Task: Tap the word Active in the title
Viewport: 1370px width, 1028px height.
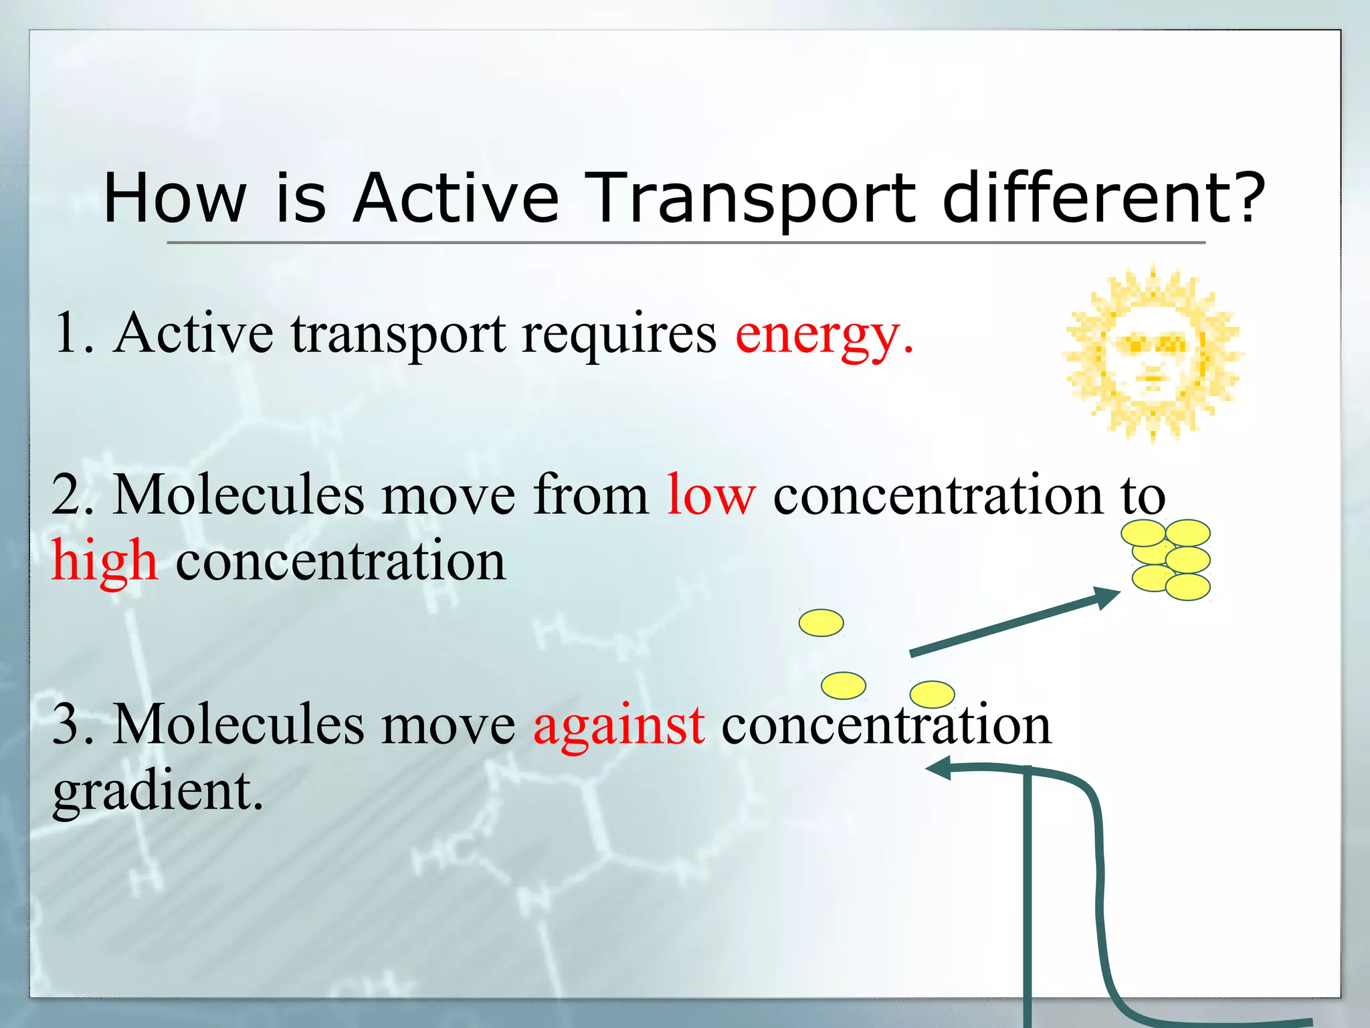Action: click(456, 198)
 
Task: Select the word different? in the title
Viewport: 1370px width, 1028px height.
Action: click(1104, 198)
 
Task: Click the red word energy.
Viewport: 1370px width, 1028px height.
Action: click(823, 335)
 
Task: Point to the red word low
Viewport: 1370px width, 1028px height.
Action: click(711, 495)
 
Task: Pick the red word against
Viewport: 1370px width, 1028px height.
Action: click(619, 725)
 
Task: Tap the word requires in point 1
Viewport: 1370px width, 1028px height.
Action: click(619, 335)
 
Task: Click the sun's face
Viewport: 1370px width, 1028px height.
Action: click(1152, 355)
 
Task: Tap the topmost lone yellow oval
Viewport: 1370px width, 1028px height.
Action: click(821, 622)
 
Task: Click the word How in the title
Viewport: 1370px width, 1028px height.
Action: click(175, 198)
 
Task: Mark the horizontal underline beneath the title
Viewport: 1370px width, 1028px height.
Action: click(685, 242)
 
